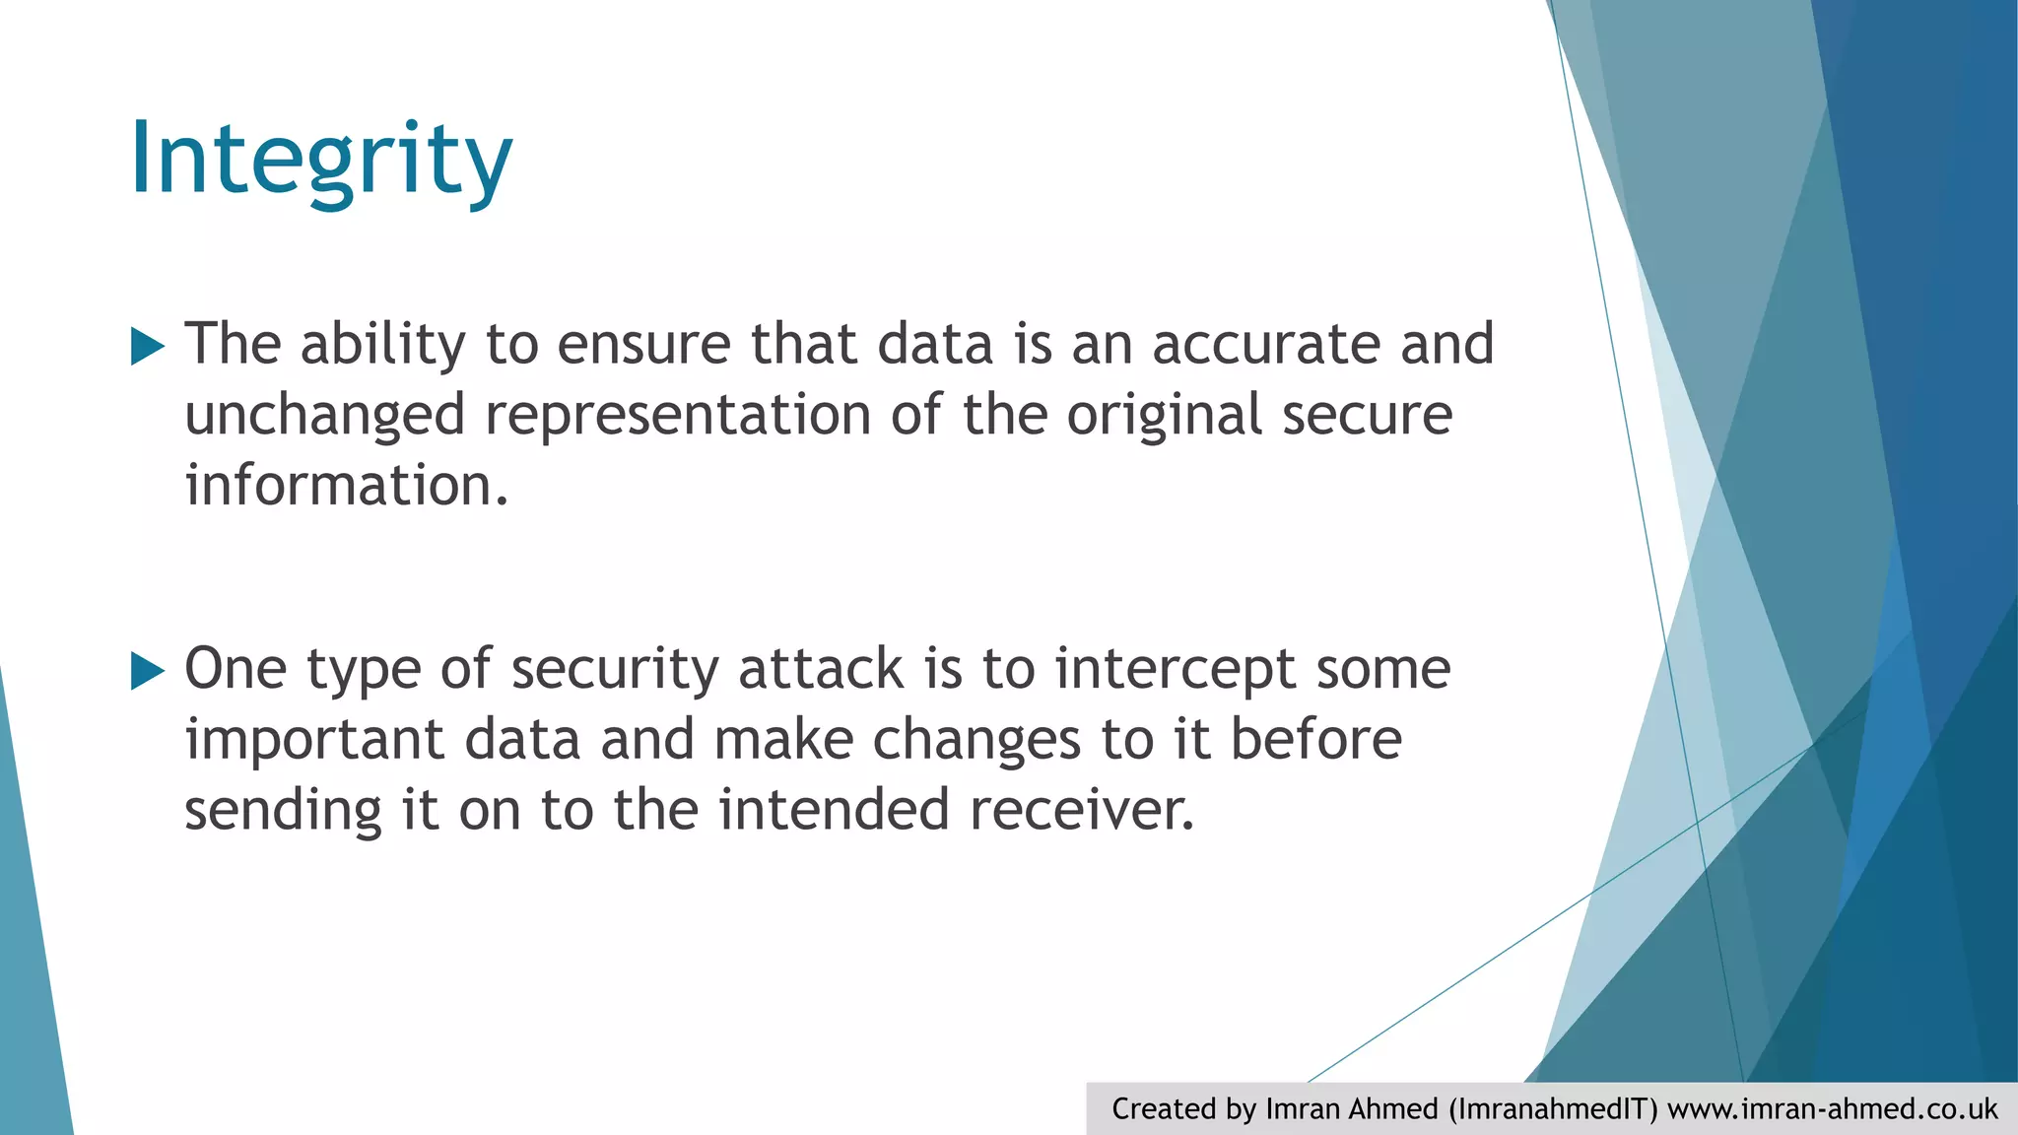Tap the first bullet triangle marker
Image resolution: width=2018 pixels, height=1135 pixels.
click(x=147, y=347)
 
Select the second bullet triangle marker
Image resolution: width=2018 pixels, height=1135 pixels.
click(x=147, y=672)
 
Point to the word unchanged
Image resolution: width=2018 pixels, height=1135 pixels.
click(x=324, y=415)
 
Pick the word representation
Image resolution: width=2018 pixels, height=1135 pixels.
click(x=678, y=415)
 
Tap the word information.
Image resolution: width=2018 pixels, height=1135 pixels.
click(x=346, y=486)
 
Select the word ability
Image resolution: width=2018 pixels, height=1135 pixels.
click(x=382, y=344)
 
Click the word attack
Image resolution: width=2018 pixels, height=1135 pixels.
click(x=821, y=669)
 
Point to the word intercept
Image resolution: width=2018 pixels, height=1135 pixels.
click(x=1175, y=669)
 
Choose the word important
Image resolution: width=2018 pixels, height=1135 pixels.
click(x=314, y=740)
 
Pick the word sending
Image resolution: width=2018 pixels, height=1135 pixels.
click(x=283, y=811)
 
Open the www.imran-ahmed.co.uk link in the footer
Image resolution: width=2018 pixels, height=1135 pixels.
click(x=1833, y=1109)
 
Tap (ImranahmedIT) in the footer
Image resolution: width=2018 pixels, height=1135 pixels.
click(x=1553, y=1109)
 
